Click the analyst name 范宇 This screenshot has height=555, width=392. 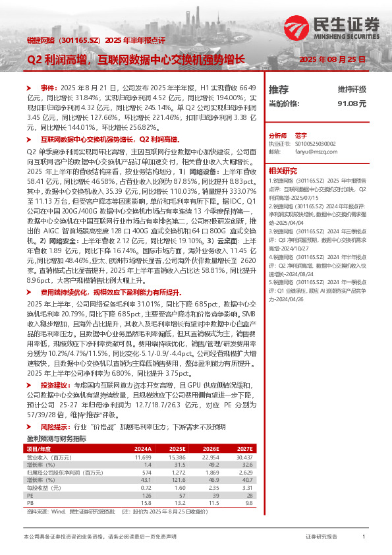coord(301,133)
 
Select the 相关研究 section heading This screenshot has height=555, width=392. coord(283,169)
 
